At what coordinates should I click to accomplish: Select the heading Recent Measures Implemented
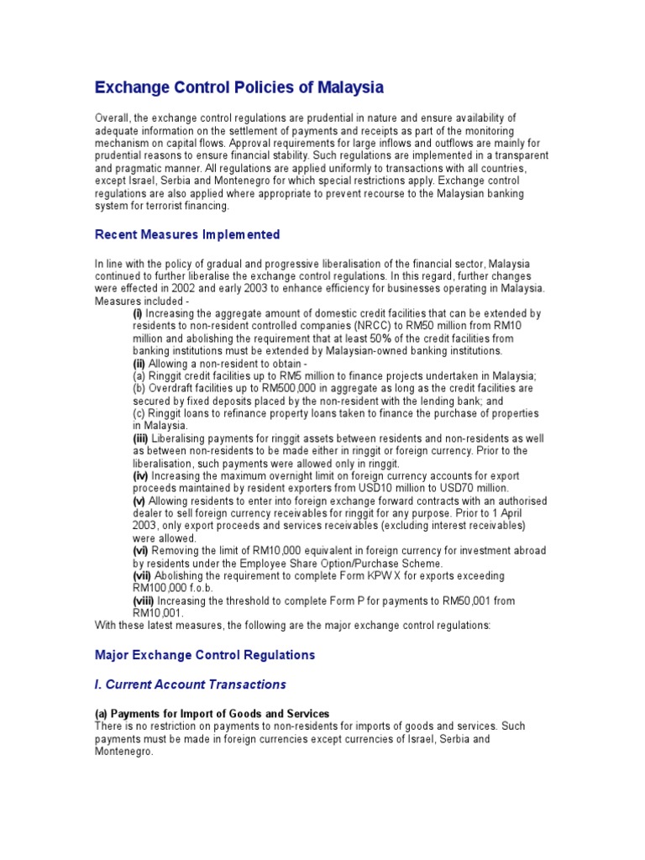187,234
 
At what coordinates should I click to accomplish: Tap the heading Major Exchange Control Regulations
205,654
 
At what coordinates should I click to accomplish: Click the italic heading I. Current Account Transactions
191,684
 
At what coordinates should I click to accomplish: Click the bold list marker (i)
138,313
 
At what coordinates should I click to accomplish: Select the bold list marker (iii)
139,438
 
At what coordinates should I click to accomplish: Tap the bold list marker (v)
139,501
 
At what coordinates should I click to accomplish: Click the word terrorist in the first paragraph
157,205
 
